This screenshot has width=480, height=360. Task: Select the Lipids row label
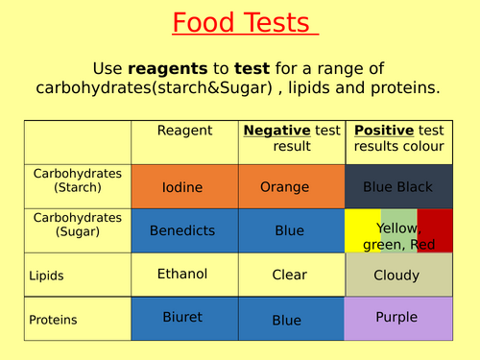(x=47, y=276)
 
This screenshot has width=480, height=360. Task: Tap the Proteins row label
(x=52, y=320)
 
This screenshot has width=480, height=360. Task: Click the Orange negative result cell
(x=286, y=187)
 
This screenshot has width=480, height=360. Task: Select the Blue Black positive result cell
(x=398, y=187)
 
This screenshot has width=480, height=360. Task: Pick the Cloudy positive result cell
(x=398, y=276)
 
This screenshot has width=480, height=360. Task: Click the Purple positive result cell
(x=398, y=316)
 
